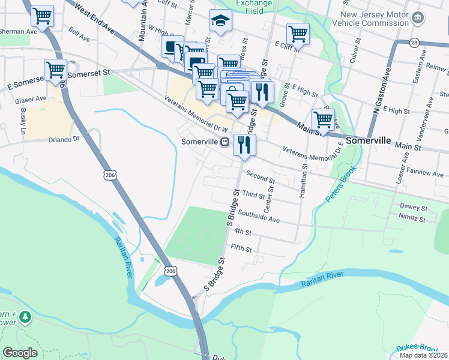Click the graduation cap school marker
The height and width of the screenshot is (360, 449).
(x=220, y=21)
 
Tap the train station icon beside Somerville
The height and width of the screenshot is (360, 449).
(x=224, y=142)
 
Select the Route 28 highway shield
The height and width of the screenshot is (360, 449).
(x=414, y=43)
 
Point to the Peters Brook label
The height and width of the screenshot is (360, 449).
(x=341, y=183)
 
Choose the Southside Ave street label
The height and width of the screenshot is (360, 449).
(x=259, y=215)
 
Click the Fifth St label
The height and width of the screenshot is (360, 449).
(x=241, y=248)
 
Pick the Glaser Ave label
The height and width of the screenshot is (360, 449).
(x=32, y=98)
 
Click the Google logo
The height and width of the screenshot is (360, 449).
(x=20, y=353)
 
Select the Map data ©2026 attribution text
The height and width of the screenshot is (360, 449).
(x=423, y=355)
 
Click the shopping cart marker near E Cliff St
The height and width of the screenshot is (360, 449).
(x=297, y=34)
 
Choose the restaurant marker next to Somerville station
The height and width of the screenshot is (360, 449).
(x=244, y=145)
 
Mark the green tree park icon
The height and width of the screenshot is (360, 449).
(x=25, y=316)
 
